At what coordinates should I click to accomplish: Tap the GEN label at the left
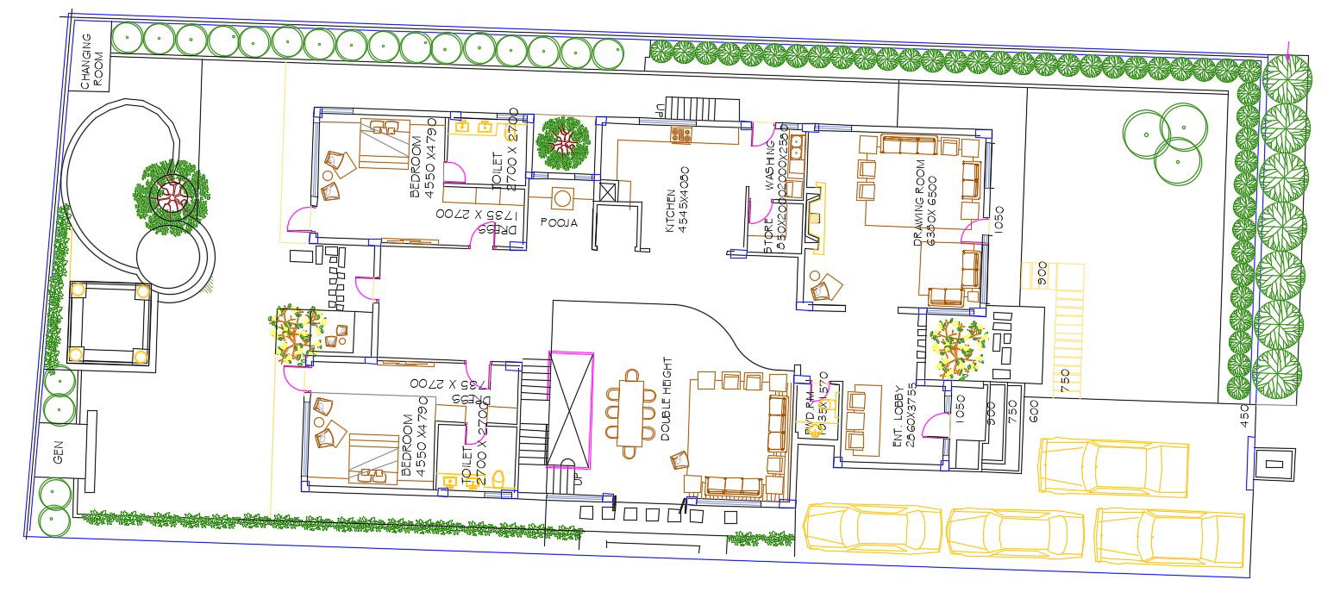(59, 452)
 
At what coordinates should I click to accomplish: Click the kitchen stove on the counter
(681, 134)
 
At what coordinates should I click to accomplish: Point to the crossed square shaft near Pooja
(608, 192)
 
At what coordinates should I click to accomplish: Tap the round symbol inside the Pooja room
(562, 198)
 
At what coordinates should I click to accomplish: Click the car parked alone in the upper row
(1113, 466)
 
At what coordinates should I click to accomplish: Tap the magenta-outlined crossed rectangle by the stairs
(571, 408)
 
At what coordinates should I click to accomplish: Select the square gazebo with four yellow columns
(110, 322)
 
